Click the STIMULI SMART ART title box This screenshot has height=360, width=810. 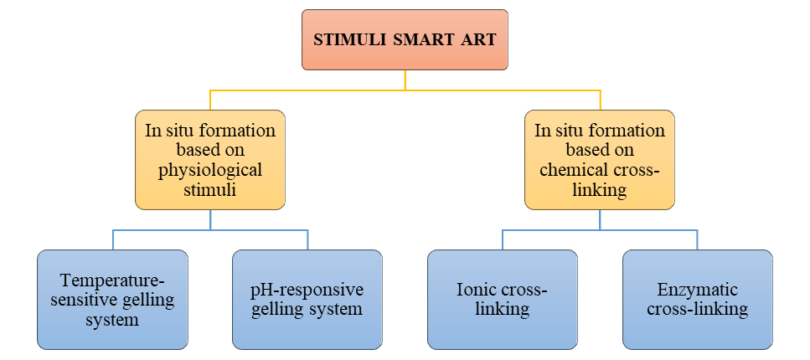(x=405, y=39)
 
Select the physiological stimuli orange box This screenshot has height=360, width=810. (x=210, y=159)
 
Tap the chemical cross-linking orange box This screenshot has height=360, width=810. (x=600, y=159)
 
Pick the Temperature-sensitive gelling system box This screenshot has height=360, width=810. (x=112, y=299)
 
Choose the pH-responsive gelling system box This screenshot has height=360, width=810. (x=307, y=299)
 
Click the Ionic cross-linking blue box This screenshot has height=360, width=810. (x=503, y=299)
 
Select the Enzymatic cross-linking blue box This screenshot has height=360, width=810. (x=698, y=299)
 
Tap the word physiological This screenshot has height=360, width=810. (x=210, y=170)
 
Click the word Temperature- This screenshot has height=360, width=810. (x=112, y=280)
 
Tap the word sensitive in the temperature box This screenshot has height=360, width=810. (x=82, y=300)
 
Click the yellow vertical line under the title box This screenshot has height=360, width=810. (x=405, y=80)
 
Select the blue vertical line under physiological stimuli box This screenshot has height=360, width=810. (x=210, y=219)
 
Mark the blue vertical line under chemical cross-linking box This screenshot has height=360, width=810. (x=600, y=219)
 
